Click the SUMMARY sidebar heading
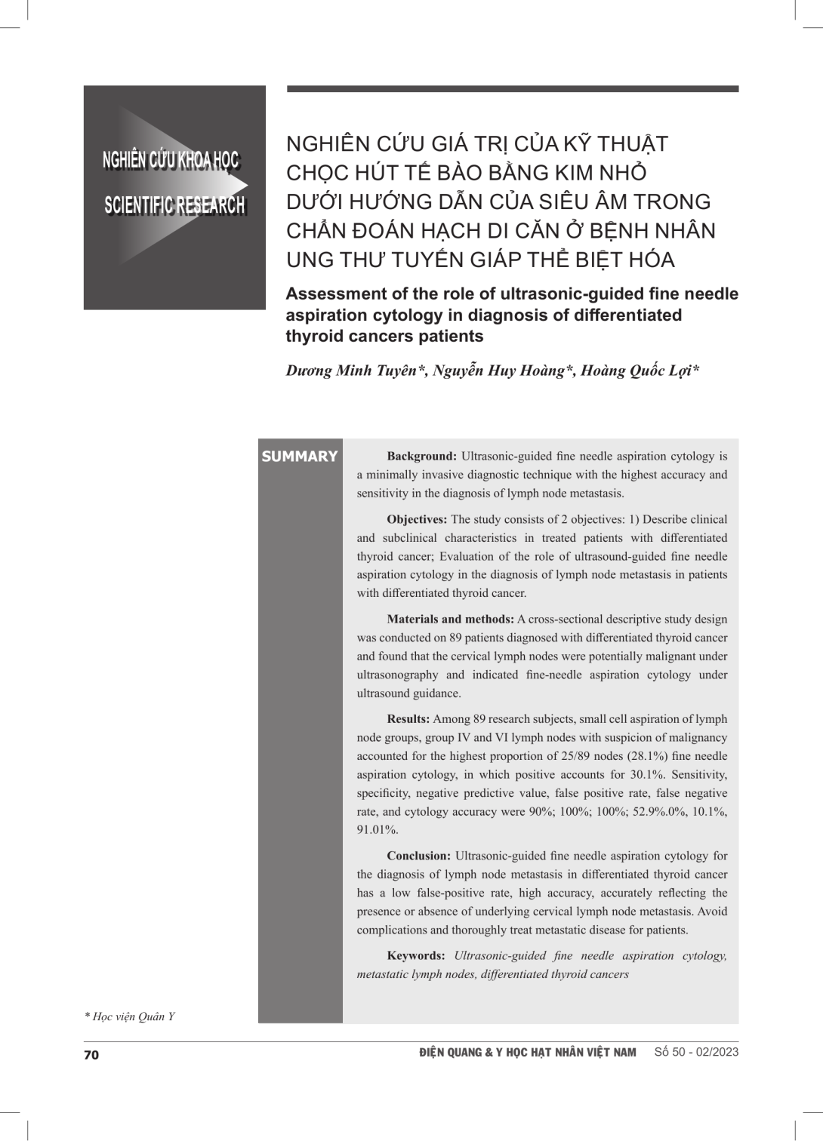(299, 457)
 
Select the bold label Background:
(421, 457)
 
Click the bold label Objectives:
(417, 519)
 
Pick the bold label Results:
(408, 719)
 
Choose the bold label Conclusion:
(418, 856)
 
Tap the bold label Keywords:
(415, 956)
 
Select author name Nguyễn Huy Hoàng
(498, 371)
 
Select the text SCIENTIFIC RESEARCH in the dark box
(174, 205)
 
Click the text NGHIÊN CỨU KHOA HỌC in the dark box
(171, 160)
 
